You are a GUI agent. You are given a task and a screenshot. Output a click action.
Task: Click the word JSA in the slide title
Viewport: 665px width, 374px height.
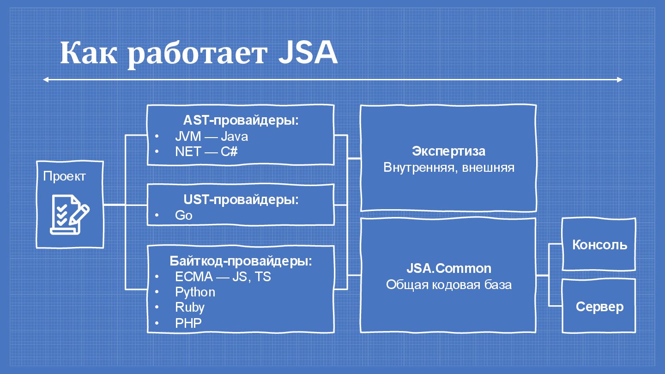coord(308,54)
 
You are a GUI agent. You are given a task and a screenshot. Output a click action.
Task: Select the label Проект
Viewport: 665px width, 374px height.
coord(64,176)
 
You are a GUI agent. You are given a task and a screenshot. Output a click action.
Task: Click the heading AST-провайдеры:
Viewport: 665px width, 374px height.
coord(241,121)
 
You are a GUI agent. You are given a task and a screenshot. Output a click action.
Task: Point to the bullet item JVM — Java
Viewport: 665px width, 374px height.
coord(212,136)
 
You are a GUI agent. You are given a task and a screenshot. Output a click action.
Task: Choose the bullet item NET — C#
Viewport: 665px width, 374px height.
coord(206,151)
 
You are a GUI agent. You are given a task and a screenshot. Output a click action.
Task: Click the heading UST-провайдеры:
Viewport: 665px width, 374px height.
coord(241,200)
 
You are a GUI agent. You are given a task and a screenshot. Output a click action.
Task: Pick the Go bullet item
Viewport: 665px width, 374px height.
coord(184,215)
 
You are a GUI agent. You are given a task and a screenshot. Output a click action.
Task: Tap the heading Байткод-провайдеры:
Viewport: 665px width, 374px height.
coord(241,261)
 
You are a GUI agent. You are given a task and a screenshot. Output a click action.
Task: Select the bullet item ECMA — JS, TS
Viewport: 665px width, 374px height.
coord(223,277)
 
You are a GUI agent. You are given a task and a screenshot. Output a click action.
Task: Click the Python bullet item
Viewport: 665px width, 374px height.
coord(195,292)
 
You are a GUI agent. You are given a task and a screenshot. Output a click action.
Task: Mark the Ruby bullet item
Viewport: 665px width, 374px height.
coord(190,308)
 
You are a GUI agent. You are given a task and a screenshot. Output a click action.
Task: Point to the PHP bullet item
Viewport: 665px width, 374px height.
coord(188,323)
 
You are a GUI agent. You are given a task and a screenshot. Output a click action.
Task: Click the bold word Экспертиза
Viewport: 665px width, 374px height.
coord(448,151)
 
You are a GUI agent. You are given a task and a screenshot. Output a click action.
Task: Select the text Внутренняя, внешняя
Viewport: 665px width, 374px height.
coord(448,167)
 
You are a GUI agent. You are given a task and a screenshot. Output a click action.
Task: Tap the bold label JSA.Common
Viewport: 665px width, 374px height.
coord(448,268)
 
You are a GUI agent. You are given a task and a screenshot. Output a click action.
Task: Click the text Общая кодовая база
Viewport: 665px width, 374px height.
coord(448,284)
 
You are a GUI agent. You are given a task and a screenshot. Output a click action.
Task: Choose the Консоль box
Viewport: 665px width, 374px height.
coord(599,244)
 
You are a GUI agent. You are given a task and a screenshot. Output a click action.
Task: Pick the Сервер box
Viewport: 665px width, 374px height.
coord(599,306)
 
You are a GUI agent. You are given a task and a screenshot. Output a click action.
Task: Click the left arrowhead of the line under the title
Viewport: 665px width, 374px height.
coord(45,80)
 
